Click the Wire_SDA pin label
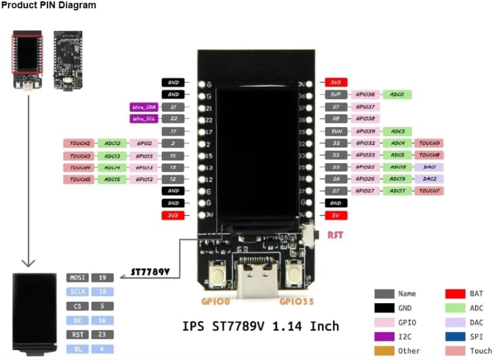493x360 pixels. [x=144, y=107]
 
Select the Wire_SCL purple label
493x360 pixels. [x=144, y=119]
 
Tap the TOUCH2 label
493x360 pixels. [x=80, y=143]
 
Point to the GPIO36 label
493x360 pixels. [x=365, y=95]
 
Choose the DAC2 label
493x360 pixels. [x=429, y=179]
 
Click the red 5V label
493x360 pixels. [x=336, y=215]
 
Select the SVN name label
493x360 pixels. [x=336, y=131]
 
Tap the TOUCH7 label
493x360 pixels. [x=429, y=191]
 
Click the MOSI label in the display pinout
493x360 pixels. [x=77, y=278]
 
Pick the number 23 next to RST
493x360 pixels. [x=102, y=334]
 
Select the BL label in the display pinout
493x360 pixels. [x=77, y=349]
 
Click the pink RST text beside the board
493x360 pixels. [x=335, y=236]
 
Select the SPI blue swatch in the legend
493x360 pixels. [x=456, y=337]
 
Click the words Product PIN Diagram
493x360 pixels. [x=49, y=5]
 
